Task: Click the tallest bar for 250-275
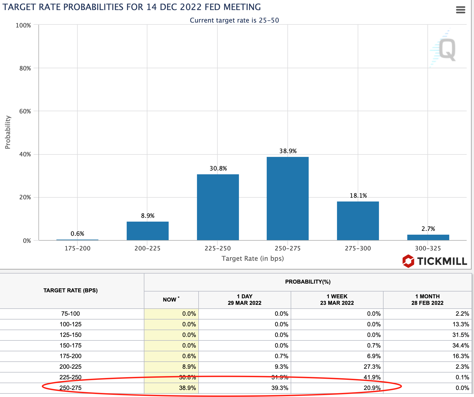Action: coord(288,199)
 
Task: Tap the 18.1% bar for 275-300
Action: coord(358,221)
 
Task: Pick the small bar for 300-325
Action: coord(428,237)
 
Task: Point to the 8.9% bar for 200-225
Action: coord(148,231)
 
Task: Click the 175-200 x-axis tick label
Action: coord(78,248)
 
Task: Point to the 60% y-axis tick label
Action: coord(25,111)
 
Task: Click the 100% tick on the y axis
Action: coord(23,25)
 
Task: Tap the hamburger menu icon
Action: coord(460,10)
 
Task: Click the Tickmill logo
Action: coord(434,261)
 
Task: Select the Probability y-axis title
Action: coord(8,132)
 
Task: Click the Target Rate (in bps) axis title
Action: coord(253,258)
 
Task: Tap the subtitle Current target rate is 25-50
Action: coord(234,20)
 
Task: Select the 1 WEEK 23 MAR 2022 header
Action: coord(337,300)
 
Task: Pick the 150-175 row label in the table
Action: coord(71,345)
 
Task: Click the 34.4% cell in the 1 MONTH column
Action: coord(461,345)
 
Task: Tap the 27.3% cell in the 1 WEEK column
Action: coord(372,367)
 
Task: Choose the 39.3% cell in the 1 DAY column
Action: coord(280,388)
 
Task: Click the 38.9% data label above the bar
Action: coord(288,151)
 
